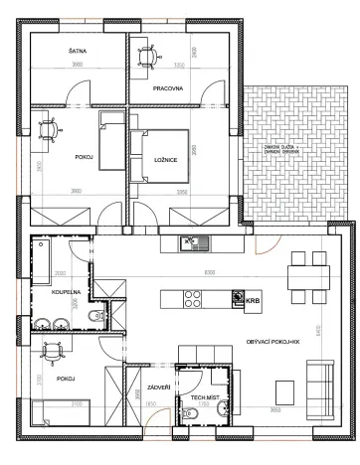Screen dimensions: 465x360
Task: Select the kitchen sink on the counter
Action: pyautogui.click(x=190, y=243)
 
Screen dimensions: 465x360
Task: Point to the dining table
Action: pyautogui.click(x=305, y=278)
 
